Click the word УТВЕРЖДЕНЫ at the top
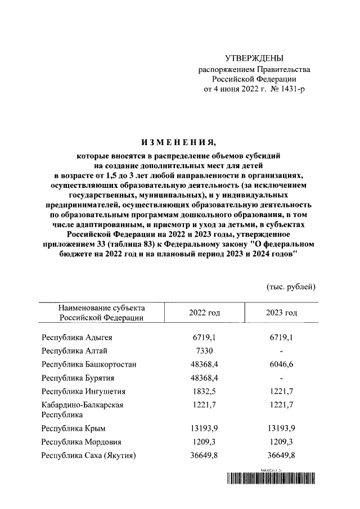point(254,58)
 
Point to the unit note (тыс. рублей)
point(291,286)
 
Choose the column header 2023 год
point(281,313)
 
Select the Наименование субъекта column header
point(101,313)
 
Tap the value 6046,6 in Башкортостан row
point(281,364)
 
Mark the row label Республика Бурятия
point(78,378)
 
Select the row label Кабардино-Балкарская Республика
point(82,409)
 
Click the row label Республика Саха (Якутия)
point(89,456)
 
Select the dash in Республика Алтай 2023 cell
point(281,351)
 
